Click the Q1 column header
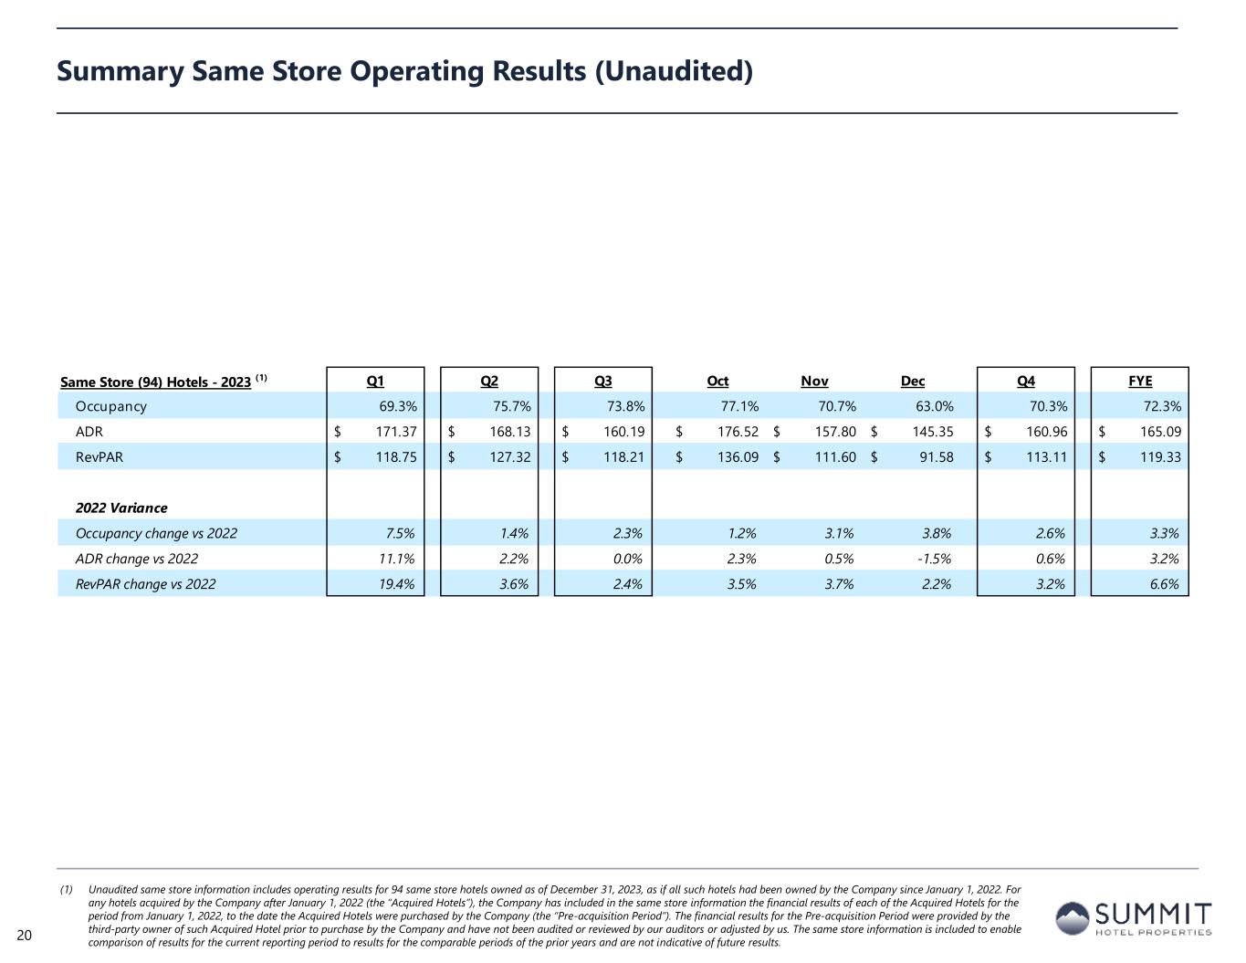point(375,381)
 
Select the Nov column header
point(814,381)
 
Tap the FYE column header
point(1140,381)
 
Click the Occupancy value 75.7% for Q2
point(511,406)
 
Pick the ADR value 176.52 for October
point(738,432)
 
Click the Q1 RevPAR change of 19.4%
point(397,584)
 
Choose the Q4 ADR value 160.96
point(1046,432)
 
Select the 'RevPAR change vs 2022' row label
point(146,584)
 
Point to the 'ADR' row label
point(89,432)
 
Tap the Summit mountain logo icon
point(1073,917)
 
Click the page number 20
point(25,935)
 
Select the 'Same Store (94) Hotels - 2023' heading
point(155,382)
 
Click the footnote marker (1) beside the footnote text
point(67,889)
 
